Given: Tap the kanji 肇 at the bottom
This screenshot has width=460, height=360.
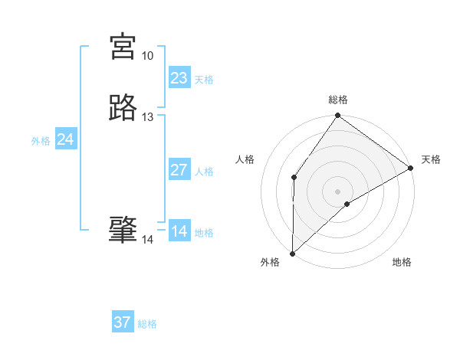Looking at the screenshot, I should pos(123,229).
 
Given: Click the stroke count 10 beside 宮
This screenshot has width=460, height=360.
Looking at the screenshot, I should pos(147,56).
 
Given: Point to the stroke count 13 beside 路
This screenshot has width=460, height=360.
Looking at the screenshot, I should pos(147,117).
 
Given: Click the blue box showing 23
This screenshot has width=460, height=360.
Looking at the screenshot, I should pos(179,78).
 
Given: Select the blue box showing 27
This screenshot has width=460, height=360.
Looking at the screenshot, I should pos(179,170).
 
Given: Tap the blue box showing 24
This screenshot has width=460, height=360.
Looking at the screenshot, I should pos(66,139).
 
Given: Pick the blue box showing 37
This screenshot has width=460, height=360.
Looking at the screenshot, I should pos(123,322).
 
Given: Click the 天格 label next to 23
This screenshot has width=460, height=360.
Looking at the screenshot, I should pos(204,80).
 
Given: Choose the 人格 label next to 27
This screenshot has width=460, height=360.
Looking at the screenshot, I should pos(204,172).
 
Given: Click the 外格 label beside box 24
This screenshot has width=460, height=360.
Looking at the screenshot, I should pos(41,141).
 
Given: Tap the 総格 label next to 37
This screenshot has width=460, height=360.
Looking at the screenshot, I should pos(147,324).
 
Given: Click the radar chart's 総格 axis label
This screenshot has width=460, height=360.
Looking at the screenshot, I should pos(337,100).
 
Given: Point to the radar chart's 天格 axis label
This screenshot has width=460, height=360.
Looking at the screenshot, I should pos(431,159).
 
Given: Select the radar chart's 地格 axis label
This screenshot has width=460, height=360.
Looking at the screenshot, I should pos(402,263).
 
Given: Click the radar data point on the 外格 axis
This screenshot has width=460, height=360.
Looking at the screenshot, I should pos(292,253).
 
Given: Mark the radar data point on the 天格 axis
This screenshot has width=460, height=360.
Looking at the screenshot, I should pos(411,168).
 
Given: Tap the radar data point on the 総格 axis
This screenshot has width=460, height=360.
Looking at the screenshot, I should pos(337,116).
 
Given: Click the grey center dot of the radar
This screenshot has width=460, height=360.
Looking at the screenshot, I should pos(337,191).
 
